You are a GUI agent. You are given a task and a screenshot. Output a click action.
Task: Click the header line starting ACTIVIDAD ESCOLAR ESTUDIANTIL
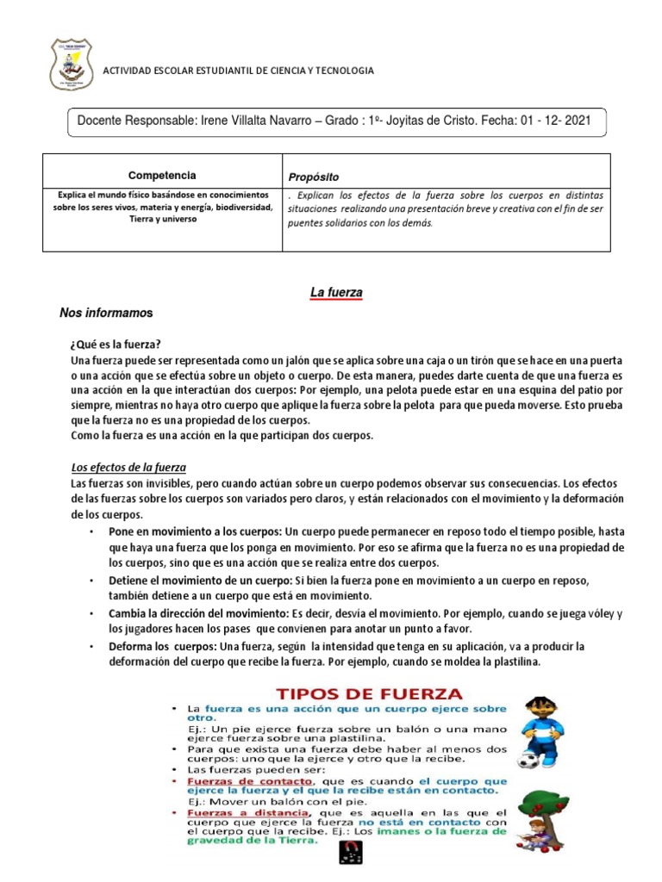[x=239, y=71]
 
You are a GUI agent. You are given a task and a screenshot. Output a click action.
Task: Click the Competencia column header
[x=162, y=175]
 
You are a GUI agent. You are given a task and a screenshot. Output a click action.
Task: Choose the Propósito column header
[x=315, y=176]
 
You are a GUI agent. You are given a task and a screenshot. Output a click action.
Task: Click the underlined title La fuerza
[x=336, y=293]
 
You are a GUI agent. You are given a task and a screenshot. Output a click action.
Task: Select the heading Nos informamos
[x=105, y=311]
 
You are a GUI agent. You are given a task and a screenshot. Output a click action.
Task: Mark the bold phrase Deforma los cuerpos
[x=163, y=646]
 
